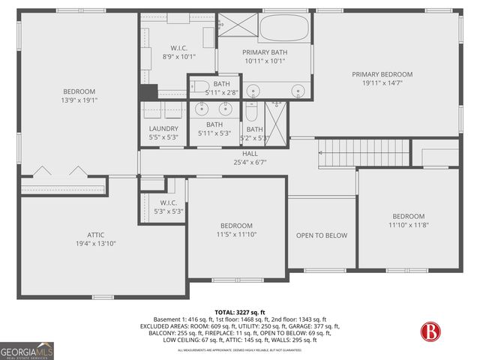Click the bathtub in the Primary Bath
[285, 28]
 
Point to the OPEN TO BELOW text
[322, 235]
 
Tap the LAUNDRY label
[163, 128]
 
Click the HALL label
[250, 153]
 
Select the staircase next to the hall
[364, 153]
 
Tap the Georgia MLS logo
[27, 350]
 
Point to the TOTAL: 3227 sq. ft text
[239, 311]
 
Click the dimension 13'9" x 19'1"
[79, 100]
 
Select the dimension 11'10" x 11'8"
[408, 225]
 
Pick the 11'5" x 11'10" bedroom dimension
[236, 235]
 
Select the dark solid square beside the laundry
[148, 91]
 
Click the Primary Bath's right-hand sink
[298, 91]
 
